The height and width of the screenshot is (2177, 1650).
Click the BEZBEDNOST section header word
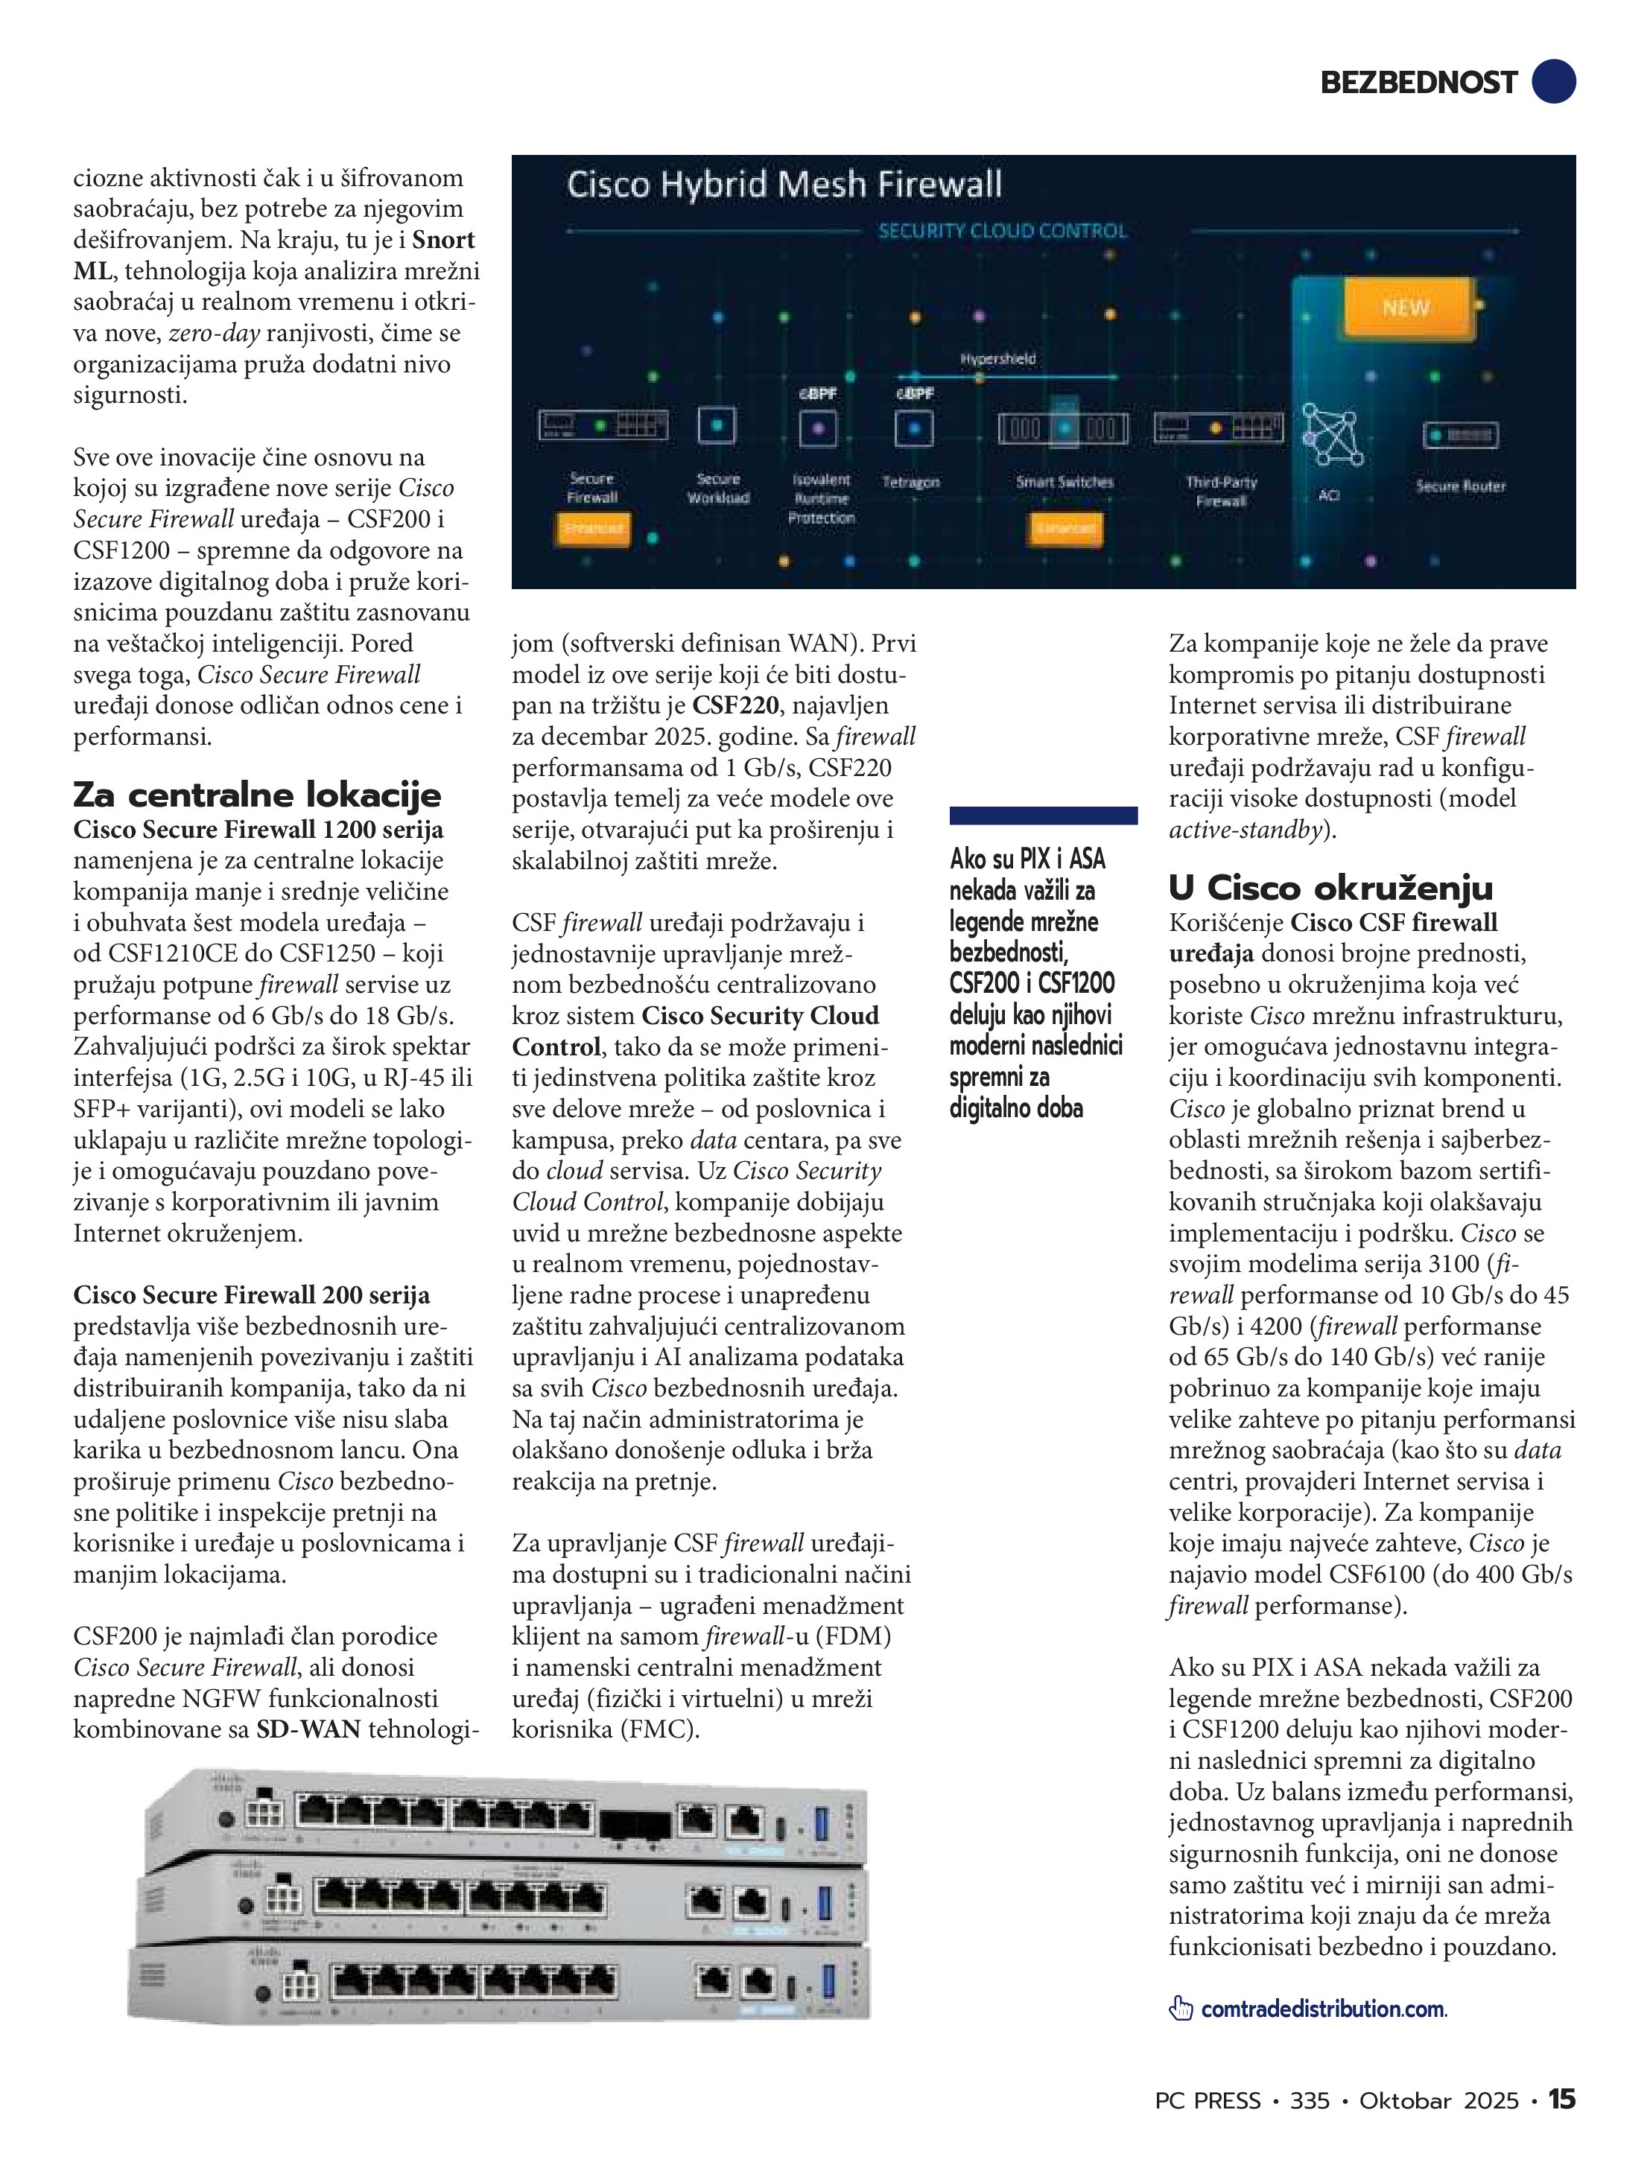tap(1418, 83)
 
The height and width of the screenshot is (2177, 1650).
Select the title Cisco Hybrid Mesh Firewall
tap(784, 185)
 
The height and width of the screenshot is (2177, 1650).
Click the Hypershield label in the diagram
tap(997, 359)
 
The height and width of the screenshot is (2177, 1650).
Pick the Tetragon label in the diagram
tap(910, 483)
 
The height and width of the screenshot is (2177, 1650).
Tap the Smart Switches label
tap(1064, 483)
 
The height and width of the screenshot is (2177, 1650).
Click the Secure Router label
tap(1460, 486)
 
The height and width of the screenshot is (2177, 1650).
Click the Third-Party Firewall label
tap(1221, 491)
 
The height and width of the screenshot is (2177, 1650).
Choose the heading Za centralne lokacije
tap(257, 794)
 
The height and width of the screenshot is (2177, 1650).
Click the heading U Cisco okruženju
tap(1330, 888)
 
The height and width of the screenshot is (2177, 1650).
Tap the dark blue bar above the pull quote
tap(1043, 815)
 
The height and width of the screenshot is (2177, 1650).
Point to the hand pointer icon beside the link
tap(1181, 2009)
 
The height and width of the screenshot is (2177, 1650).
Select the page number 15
tap(1561, 2100)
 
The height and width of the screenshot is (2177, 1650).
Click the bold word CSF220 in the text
tap(734, 705)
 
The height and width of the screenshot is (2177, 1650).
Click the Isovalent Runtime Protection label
tap(821, 498)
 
